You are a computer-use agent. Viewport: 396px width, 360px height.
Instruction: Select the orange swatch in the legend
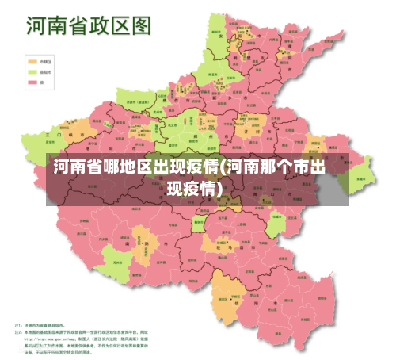(x=33, y=60)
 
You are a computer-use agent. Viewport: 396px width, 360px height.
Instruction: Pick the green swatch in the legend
(x=33, y=71)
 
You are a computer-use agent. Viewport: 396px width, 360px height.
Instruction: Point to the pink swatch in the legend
(x=33, y=81)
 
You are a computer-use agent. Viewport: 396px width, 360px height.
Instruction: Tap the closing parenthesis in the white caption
(x=220, y=188)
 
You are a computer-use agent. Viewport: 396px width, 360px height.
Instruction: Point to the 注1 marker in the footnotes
(x=18, y=324)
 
